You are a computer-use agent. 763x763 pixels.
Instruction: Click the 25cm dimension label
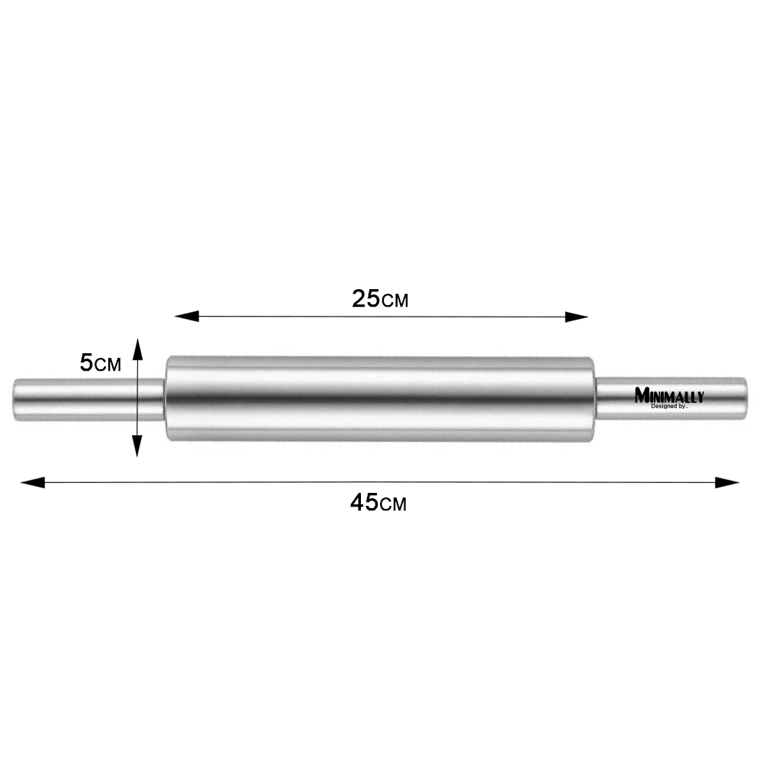click(x=380, y=299)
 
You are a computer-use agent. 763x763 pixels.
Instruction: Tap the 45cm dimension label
click(x=378, y=503)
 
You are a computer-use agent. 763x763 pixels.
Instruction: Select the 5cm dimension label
click(x=100, y=363)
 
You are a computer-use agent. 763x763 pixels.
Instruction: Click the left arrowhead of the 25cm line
click(x=186, y=317)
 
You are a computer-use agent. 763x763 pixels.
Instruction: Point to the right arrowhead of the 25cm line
click(x=576, y=317)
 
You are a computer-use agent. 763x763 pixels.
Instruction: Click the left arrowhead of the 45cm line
click(x=33, y=483)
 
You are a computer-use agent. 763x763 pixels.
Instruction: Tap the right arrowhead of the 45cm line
click(x=727, y=483)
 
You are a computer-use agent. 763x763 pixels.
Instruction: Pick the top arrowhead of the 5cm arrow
click(x=137, y=350)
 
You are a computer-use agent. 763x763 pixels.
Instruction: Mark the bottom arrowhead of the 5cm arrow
click(x=137, y=446)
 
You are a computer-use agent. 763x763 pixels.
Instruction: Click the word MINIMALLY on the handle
click(x=669, y=395)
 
